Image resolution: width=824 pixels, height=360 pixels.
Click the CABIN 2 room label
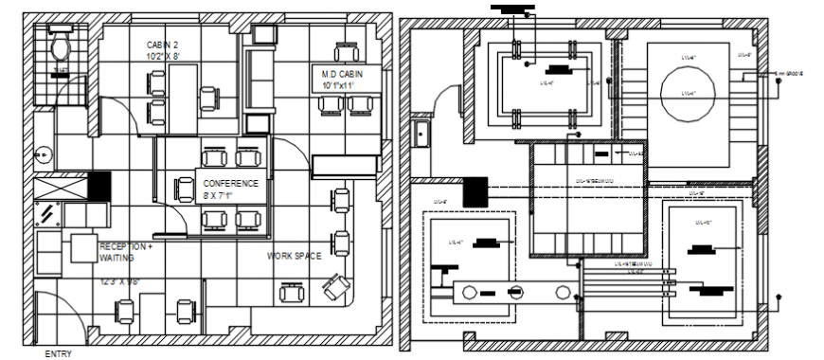[161, 45]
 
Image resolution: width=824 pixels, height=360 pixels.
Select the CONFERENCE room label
[230, 184]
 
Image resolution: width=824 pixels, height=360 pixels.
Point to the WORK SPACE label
[294, 256]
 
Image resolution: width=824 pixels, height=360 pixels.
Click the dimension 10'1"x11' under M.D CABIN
[336, 85]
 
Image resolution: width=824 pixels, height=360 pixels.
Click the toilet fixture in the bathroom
[61, 45]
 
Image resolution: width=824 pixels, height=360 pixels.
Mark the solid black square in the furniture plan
[99, 186]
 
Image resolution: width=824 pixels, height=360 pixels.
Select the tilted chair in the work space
[332, 286]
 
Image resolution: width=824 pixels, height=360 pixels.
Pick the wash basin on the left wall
[43, 152]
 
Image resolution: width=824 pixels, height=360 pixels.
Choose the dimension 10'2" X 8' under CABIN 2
[161, 57]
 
